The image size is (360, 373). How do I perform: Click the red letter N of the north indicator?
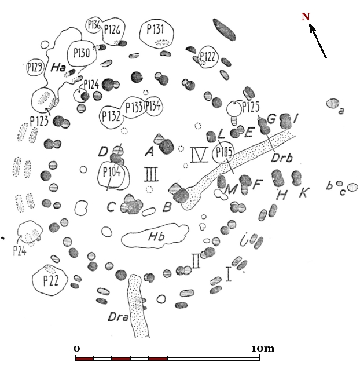pyautogui.click(x=306, y=17)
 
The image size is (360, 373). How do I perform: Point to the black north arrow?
pyautogui.click(x=318, y=41)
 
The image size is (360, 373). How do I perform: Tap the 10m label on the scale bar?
pyautogui.click(x=262, y=349)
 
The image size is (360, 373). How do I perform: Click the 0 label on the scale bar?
pyautogui.click(x=77, y=349)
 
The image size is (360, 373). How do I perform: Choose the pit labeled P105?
pyautogui.click(x=223, y=153)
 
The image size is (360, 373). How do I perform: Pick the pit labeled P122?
pyautogui.click(x=208, y=57)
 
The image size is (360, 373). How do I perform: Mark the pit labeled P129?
pyautogui.click(x=35, y=68)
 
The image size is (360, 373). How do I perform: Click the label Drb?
pyautogui.click(x=282, y=157)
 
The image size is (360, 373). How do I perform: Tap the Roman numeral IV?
pyautogui.click(x=199, y=154)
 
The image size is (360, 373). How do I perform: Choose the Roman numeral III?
pyautogui.click(x=152, y=173)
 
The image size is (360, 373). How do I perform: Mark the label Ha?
pyautogui.click(x=57, y=68)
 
